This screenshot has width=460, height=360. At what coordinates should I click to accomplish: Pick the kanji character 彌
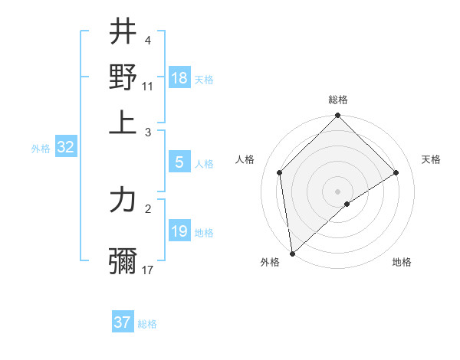pyautogui.click(x=123, y=260)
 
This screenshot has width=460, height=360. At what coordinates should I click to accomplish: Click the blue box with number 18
pyautogui.click(x=179, y=78)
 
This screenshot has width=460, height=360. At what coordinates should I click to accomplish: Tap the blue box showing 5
pyautogui.click(x=179, y=162)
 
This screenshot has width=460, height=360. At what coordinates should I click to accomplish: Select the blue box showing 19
pyautogui.click(x=179, y=231)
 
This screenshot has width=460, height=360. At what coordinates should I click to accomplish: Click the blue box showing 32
pyautogui.click(x=65, y=148)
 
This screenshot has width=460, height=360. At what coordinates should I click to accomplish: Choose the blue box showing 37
pyautogui.click(x=123, y=322)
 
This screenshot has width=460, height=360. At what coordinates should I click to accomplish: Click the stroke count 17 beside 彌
pyautogui.click(x=148, y=270)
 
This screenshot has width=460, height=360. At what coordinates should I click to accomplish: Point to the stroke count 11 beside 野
pyautogui.click(x=148, y=86)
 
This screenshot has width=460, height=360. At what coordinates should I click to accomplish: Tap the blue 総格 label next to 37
pyautogui.click(x=147, y=324)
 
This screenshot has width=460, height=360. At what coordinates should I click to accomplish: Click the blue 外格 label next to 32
pyautogui.click(x=41, y=149)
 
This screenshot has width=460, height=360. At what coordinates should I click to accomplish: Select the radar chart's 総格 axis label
pyautogui.click(x=338, y=100)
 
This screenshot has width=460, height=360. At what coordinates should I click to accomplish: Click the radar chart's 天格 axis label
pyautogui.click(x=432, y=159)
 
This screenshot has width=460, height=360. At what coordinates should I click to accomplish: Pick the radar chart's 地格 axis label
pyautogui.click(x=402, y=263)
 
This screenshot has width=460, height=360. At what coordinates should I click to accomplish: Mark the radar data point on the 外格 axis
pyautogui.click(x=292, y=254)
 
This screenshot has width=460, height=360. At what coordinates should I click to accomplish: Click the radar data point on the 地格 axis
pyautogui.click(x=347, y=204)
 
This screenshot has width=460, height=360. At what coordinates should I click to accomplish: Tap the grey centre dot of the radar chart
pyautogui.click(x=338, y=191)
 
